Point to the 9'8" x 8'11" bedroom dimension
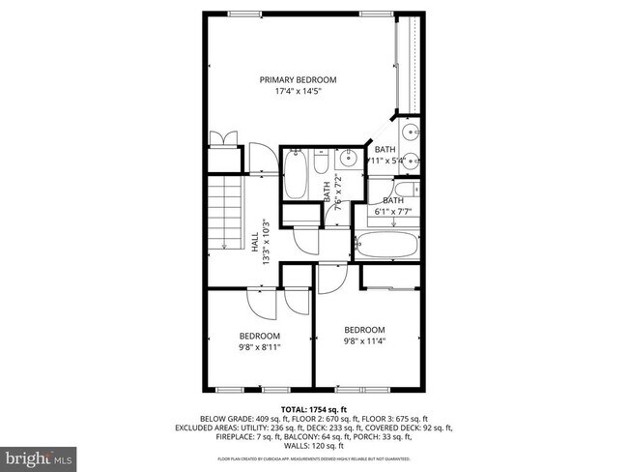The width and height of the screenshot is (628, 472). pyautogui.click(x=260, y=346)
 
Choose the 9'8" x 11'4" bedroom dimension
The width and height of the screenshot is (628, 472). pyautogui.click(x=364, y=340)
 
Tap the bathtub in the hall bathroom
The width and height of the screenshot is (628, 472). pyautogui.click(x=297, y=178)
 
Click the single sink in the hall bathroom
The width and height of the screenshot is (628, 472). pyautogui.click(x=348, y=161)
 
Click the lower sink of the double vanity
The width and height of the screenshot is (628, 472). pyautogui.click(x=412, y=162)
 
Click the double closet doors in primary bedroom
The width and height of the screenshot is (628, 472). pyautogui.click(x=223, y=137)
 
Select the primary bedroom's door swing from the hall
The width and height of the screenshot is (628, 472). pyautogui.click(x=259, y=159)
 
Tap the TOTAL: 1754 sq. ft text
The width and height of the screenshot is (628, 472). pyautogui.click(x=313, y=409)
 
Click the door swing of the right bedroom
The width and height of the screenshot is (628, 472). pyautogui.click(x=329, y=280)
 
